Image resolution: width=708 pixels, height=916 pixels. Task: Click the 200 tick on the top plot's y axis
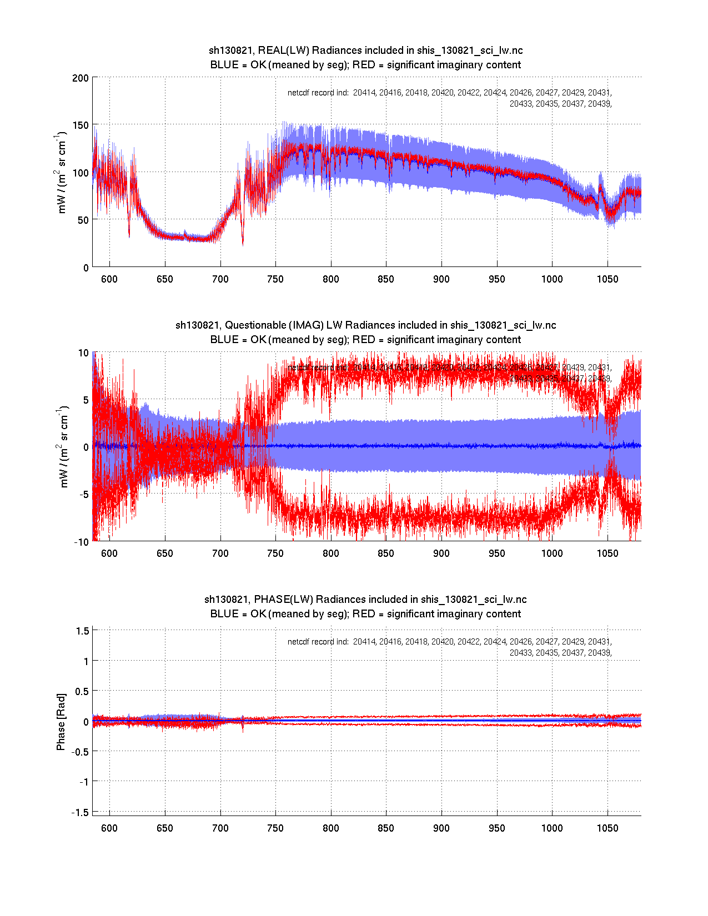81,78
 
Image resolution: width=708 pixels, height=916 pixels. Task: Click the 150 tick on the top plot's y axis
81,125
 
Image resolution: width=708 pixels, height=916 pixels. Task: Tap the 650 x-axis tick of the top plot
165,279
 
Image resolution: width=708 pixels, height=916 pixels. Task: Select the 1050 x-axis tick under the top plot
607,279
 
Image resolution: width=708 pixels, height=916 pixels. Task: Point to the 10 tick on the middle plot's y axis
83,353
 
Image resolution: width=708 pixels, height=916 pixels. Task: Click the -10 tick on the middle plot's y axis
82,542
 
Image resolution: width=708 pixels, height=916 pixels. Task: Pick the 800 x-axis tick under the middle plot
331,553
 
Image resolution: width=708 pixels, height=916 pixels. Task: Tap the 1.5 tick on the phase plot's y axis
83,631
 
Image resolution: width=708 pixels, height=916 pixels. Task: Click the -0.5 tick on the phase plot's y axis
81,751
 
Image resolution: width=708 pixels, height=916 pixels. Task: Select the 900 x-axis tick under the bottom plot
441,828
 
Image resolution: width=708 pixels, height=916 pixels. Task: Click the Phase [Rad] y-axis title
61,722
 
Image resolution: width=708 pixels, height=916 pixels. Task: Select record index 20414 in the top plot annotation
364,93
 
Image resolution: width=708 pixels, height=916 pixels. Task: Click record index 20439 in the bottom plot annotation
599,653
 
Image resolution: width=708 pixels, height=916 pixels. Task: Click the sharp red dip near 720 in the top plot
243,242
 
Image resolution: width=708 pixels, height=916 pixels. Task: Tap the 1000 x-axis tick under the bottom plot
552,828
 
